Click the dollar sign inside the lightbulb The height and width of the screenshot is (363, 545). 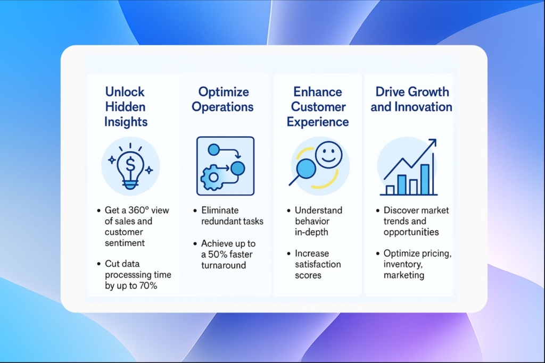[130, 164]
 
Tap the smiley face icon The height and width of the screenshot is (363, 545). [328, 155]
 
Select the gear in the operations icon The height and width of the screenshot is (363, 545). [212, 178]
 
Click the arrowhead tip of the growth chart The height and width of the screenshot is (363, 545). [435, 139]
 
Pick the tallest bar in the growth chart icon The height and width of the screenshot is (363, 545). [425, 180]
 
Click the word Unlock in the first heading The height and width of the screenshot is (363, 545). [125, 92]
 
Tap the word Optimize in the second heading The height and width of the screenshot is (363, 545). [224, 92]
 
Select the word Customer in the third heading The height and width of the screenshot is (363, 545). [318, 107]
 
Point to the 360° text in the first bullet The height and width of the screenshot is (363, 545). [139, 210]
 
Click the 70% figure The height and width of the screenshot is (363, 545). [148, 286]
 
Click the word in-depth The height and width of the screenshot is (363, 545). [311, 232]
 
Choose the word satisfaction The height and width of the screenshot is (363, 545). [318, 265]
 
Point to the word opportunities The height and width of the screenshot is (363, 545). [411, 232]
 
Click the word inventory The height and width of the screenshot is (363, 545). [403, 265]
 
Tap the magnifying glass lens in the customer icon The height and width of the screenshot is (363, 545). [306, 168]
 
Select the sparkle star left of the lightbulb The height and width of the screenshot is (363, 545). [112, 160]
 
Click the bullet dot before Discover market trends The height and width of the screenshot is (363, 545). [378, 210]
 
